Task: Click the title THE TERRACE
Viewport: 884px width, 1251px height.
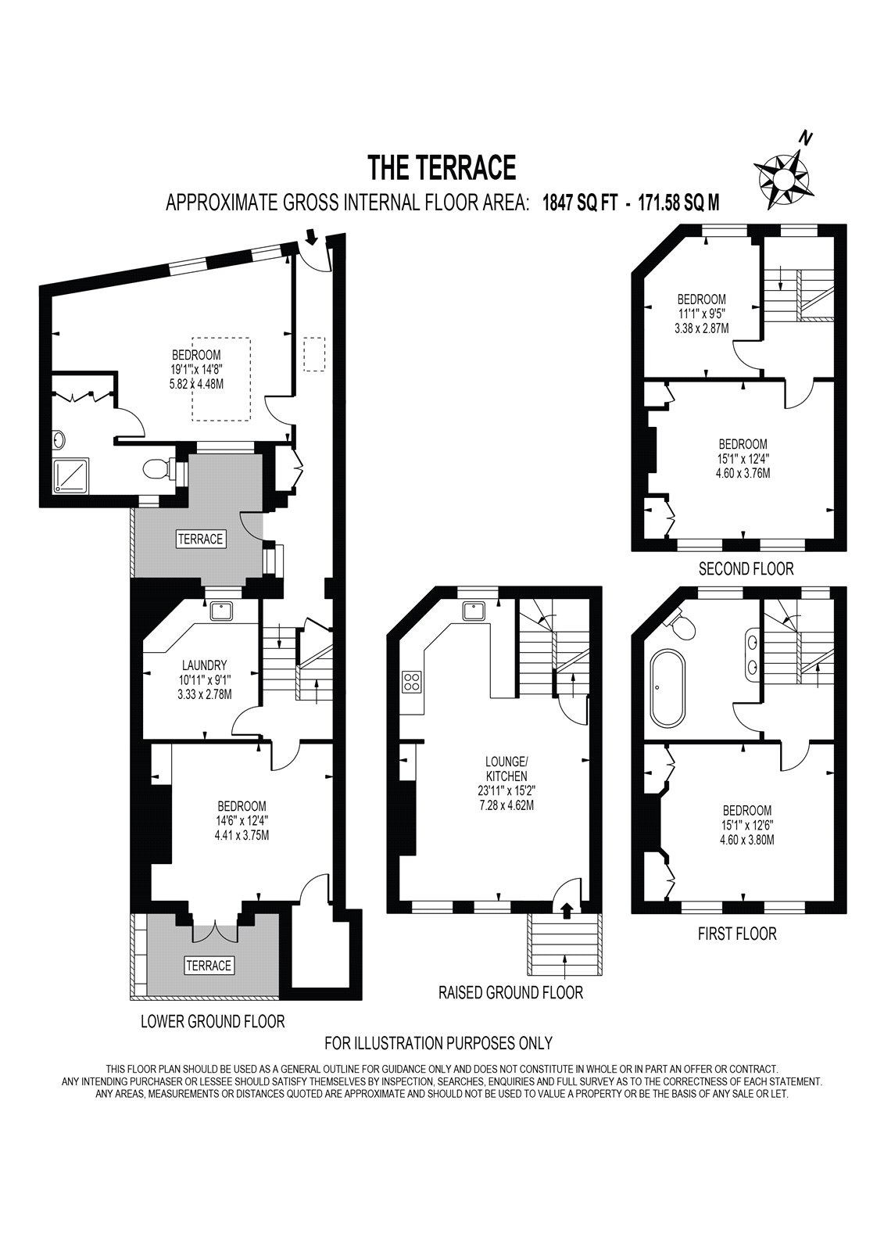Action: coord(442,167)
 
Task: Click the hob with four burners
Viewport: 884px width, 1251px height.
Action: coord(411,681)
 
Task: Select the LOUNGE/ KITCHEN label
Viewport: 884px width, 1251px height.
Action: coord(506,769)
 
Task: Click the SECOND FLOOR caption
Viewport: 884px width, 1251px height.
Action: coord(745,569)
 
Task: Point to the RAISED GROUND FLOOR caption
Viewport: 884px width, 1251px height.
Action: coord(510,992)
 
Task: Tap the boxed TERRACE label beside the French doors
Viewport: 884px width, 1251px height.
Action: coord(209,966)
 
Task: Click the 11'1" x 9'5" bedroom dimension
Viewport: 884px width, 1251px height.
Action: coord(701,314)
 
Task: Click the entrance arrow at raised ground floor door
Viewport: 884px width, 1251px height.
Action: coord(567,908)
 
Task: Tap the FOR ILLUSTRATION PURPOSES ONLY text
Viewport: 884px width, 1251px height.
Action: coord(438,1042)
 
